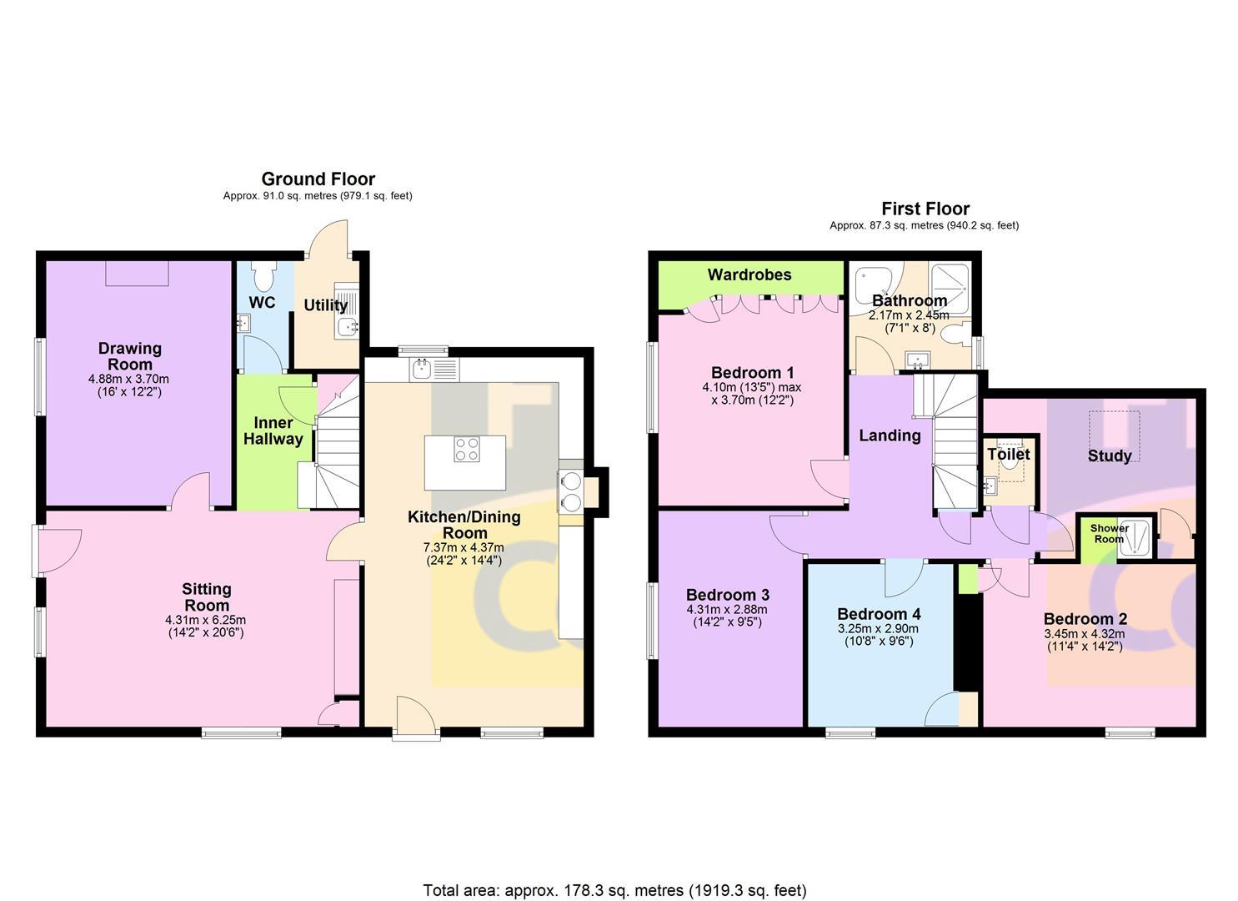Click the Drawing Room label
129,356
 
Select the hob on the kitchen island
466,450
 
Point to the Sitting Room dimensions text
206,627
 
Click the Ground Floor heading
318,179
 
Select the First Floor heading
925,209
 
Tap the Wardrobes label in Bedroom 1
749,274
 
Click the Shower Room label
1109,534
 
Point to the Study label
1110,456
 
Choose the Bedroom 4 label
878,614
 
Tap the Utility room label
325,305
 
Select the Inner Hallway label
273,430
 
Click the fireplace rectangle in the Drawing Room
138,273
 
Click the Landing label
890,435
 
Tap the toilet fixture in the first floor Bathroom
962,335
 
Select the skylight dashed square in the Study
1114,429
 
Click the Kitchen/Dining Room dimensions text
464,554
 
